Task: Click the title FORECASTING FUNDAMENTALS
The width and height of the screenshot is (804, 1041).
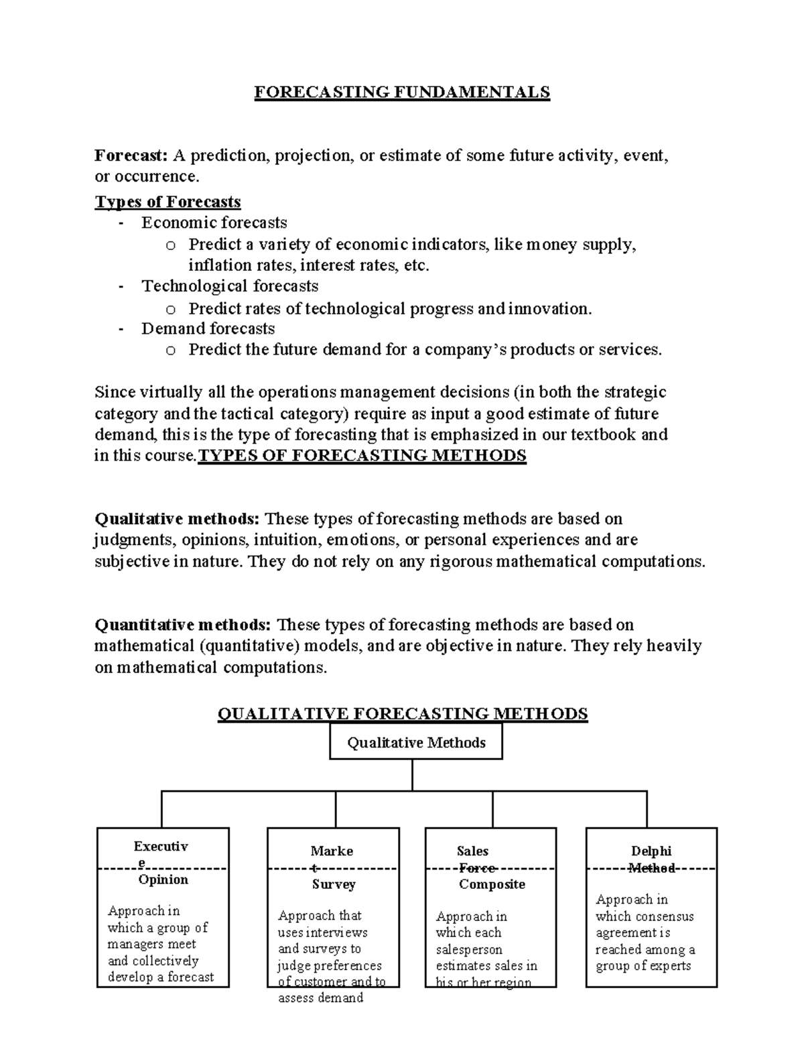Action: pos(401,92)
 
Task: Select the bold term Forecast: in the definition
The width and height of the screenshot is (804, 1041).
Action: pos(131,156)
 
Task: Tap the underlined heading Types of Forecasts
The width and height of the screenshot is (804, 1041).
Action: pos(167,202)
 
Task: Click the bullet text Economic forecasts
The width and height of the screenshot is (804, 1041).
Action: pos(214,223)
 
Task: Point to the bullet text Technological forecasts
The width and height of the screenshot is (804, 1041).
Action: pos(230,286)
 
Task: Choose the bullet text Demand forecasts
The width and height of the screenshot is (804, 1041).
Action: pos(208,328)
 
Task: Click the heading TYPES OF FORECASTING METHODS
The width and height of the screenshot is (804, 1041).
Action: pos(362,456)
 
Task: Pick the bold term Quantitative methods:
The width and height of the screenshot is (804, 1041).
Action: pos(183,625)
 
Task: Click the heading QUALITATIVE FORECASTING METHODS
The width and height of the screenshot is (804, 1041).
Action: pos(403,713)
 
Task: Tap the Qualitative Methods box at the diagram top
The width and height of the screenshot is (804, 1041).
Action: pos(415,743)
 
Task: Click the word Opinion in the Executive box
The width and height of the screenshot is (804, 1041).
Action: pos(163,879)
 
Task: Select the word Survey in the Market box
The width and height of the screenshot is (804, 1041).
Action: pos(333,884)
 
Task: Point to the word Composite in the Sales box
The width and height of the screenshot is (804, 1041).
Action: pos(492,884)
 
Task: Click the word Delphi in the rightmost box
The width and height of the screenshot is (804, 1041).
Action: pos(651,851)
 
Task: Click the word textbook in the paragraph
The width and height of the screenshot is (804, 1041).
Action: pos(602,434)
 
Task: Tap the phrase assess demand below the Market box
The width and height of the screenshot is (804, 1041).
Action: pos(320,997)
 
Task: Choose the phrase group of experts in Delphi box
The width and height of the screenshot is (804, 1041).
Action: pos(643,966)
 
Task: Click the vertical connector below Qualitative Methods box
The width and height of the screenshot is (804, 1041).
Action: pos(412,775)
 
